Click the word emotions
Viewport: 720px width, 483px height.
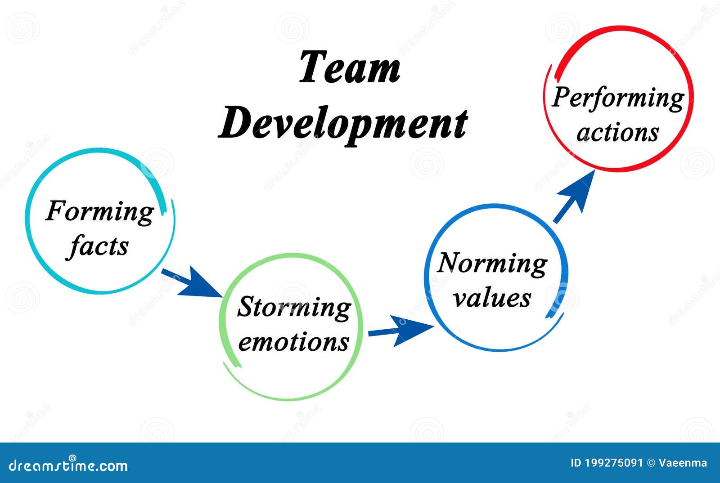(x=293, y=342)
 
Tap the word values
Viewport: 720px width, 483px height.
(x=492, y=298)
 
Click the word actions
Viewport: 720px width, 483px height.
(x=618, y=133)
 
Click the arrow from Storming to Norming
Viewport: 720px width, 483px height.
(x=401, y=331)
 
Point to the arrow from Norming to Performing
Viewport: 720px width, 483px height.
(x=574, y=196)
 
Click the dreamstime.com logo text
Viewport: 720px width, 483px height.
(x=68, y=465)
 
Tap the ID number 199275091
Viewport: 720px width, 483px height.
(x=613, y=463)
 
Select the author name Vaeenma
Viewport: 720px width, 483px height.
(x=683, y=463)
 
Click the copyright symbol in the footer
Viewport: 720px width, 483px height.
(x=651, y=463)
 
